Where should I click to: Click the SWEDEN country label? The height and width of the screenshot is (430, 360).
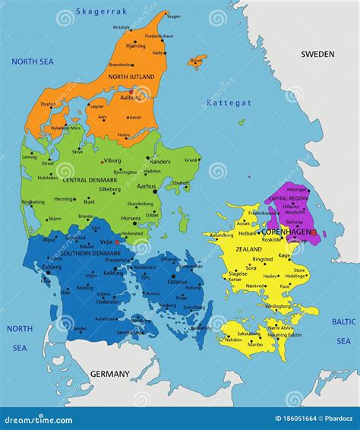[x=317, y=54]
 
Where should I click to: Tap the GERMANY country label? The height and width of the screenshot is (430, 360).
[x=110, y=374]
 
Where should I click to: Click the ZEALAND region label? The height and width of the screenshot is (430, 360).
[x=248, y=249]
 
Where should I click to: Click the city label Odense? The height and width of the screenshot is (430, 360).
[x=178, y=282]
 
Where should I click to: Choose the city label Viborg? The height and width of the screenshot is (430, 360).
[x=112, y=161]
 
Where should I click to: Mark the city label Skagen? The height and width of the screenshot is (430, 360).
[x=174, y=16]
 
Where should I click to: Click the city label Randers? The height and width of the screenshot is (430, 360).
[x=160, y=162]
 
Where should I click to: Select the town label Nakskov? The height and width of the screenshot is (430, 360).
[x=233, y=340]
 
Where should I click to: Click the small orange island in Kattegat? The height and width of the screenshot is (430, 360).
[x=197, y=59]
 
